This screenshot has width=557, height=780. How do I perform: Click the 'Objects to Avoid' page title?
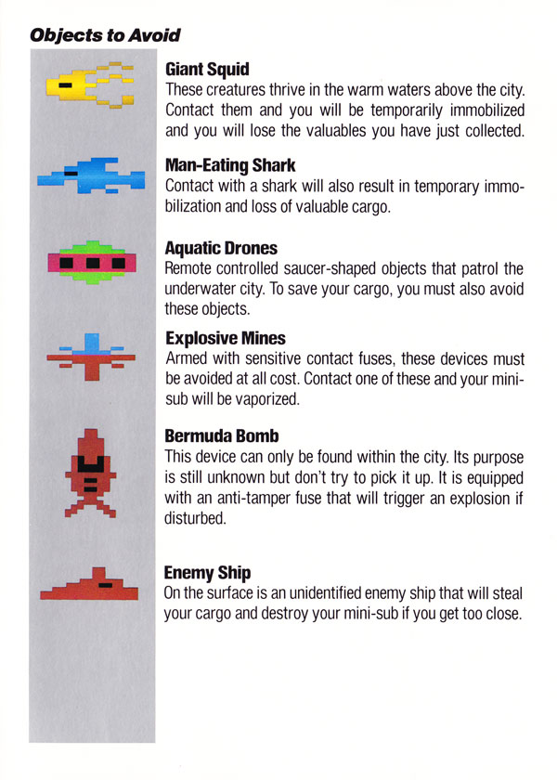[105, 35]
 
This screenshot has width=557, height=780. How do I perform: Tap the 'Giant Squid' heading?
[207, 69]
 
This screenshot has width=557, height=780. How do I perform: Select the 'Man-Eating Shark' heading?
[230, 165]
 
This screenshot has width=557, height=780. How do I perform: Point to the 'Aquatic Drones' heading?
[221, 248]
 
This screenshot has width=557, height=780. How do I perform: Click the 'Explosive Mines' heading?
[226, 338]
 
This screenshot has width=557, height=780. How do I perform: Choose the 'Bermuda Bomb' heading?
[221, 435]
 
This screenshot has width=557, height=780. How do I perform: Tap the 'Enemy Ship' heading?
[207, 573]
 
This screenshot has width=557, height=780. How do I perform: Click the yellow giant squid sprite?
[90, 84]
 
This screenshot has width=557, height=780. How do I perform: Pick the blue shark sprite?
[91, 175]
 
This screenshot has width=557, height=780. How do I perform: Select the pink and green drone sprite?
[92, 262]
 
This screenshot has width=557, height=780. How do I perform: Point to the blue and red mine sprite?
[91, 357]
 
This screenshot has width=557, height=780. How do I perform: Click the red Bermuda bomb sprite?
[91, 473]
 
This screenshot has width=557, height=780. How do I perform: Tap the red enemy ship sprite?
[89, 584]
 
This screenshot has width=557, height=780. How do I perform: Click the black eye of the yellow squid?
[65, 85]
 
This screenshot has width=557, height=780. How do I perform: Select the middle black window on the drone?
[93, 263]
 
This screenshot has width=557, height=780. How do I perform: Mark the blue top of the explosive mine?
[92, 344]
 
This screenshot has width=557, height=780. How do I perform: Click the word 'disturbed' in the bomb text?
[196, 518]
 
